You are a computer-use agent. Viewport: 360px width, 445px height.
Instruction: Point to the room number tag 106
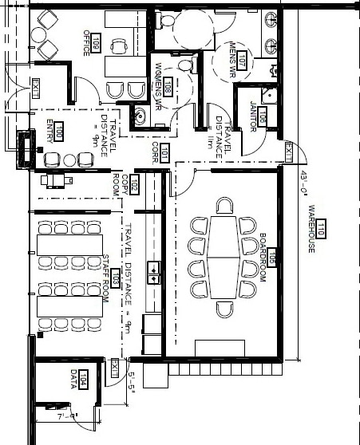point(261,118)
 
